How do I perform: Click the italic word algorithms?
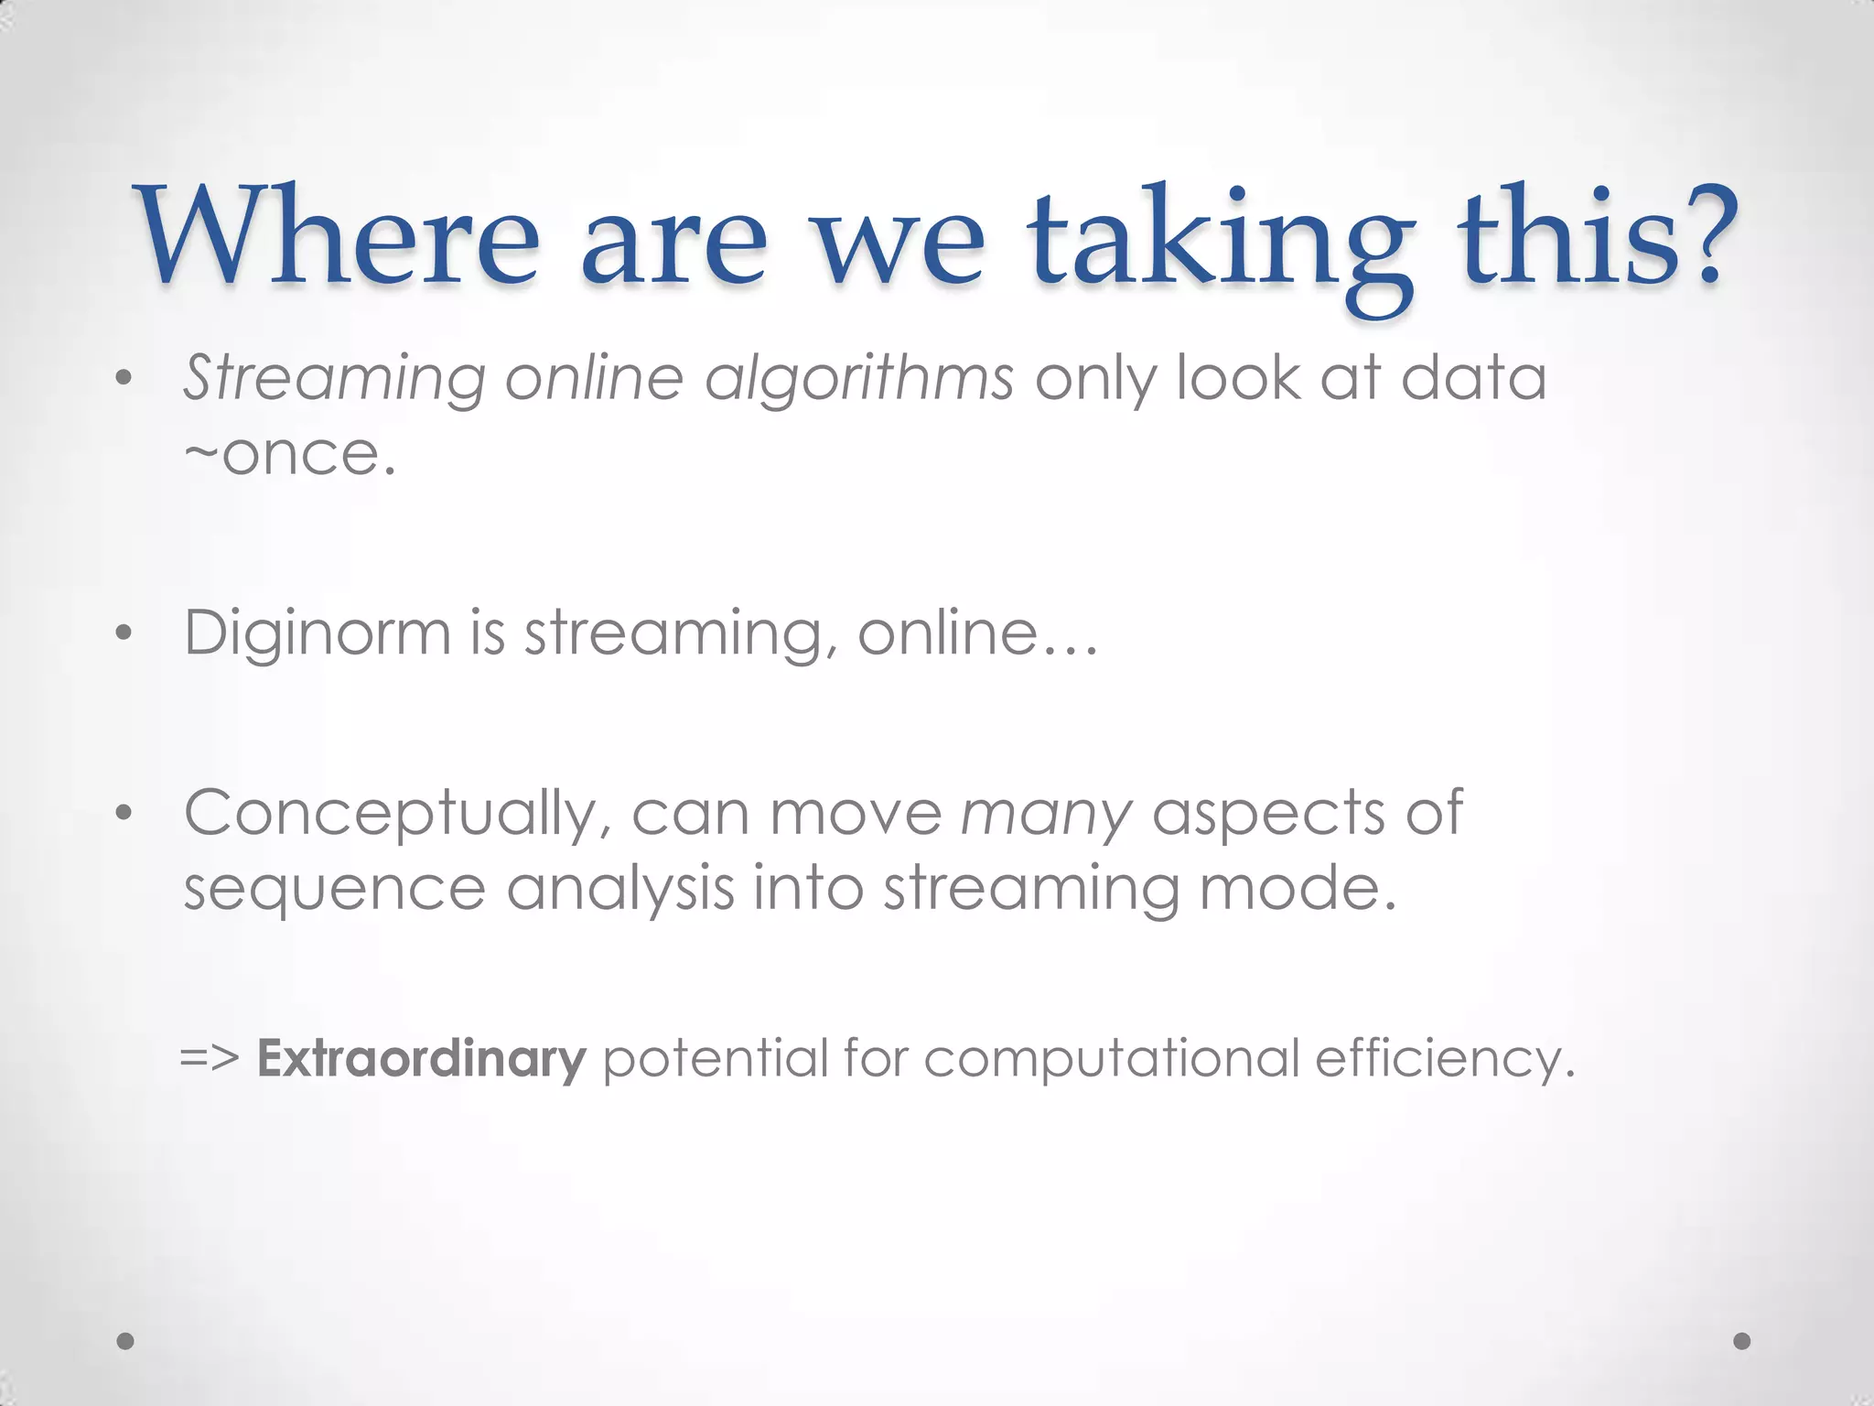(x=858, y=378)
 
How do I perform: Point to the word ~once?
(x=290, y=455)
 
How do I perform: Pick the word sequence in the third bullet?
(x=334, y=891)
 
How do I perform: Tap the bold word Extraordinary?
(x=421, y=1059)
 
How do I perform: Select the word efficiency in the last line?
(x=1445, y=1060)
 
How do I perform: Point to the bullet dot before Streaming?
(x=125, y=379)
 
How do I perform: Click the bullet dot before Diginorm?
(x=125, y=633)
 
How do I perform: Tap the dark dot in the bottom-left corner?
(x=126, y=1341)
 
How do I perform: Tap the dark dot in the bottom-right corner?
(x=1742, y=1341)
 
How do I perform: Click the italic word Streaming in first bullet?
(x=334, y=378)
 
